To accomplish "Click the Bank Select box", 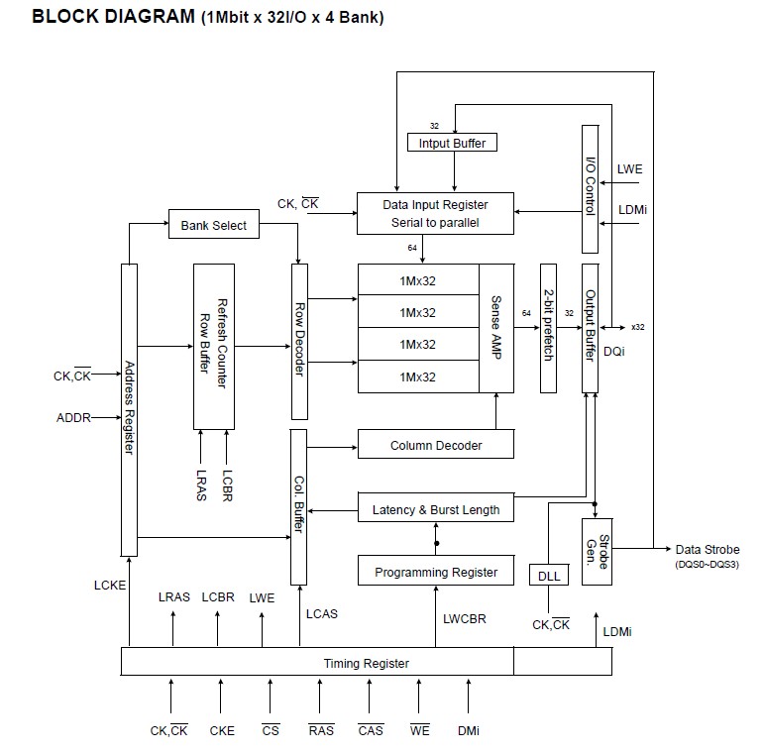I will [x=213, y=225].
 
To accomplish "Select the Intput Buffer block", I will [x=453, y=143].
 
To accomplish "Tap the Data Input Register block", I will [x=435, y=213].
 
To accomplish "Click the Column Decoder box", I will [x=435, y=445].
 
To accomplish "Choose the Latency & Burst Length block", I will [x=435, y=510].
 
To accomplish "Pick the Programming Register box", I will [x=435, y=572].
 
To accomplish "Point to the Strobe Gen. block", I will [x=596, y=551].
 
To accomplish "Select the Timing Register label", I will [x=367, y=663].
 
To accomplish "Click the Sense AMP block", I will [x=496, y=328].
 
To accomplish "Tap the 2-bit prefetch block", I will [x=548, y=328].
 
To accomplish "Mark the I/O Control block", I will [x=591, y=188].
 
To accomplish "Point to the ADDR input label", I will [x=73, y=417].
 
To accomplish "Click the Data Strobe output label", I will [x=707, y=550].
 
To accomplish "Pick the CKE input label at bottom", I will [x=222, y=730].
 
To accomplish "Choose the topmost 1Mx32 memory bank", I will [x=418, y=280].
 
